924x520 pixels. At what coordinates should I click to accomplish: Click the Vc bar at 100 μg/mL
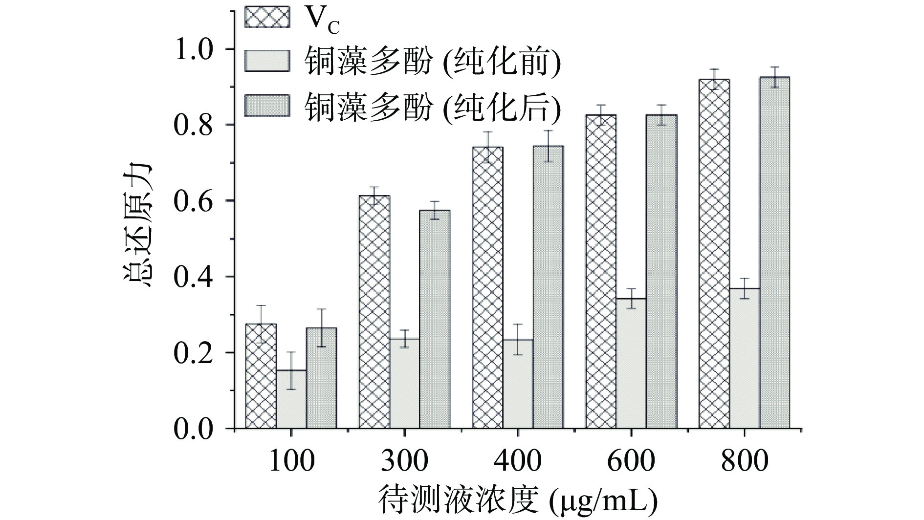click(261, 376)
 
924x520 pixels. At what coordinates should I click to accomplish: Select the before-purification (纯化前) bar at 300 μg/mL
click(405, 384)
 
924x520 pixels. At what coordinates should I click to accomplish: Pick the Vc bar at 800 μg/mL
click(714, 254)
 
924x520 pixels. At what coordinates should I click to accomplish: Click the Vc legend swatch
click(267, 18)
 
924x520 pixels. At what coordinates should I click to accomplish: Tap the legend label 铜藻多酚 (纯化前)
click(432, 62)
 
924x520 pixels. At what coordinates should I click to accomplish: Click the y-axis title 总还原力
click(137, 225)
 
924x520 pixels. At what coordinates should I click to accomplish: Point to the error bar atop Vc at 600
click(601, 115)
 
